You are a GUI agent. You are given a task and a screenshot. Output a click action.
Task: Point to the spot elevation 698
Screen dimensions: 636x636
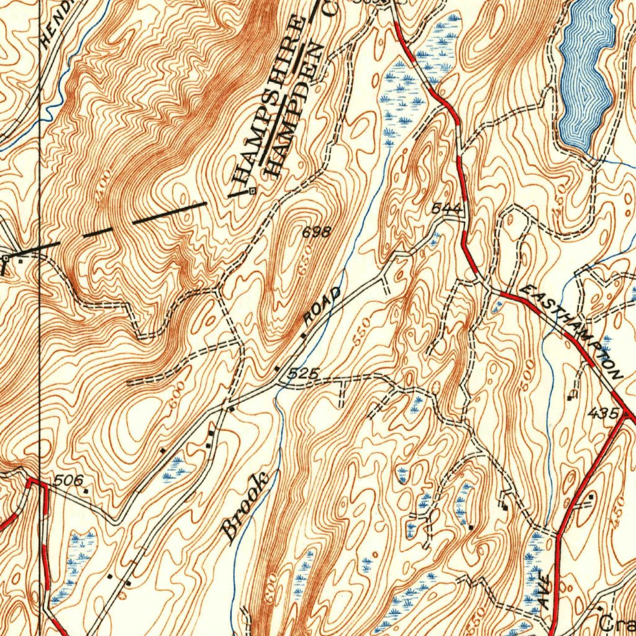pos(316,233)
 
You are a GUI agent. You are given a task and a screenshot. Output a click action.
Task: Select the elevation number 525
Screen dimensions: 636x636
pos(304,374)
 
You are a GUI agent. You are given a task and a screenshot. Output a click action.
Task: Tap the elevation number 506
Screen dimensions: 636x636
pos(68,481)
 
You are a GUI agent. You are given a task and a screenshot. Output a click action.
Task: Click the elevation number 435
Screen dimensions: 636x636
pos(606,413)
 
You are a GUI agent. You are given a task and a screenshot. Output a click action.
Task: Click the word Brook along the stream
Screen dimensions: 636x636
pos(246,506)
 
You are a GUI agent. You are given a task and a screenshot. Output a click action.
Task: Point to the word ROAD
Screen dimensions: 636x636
pos(323,306)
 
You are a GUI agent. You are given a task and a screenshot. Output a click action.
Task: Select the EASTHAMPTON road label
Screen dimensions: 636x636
pos(572,332)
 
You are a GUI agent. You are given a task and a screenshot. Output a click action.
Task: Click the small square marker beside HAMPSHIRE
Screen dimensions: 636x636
pos(252,191)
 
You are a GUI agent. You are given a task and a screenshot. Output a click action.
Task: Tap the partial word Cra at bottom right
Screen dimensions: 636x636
pos(619,623)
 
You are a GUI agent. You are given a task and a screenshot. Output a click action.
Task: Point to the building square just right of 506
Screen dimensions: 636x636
pos(86,491)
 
